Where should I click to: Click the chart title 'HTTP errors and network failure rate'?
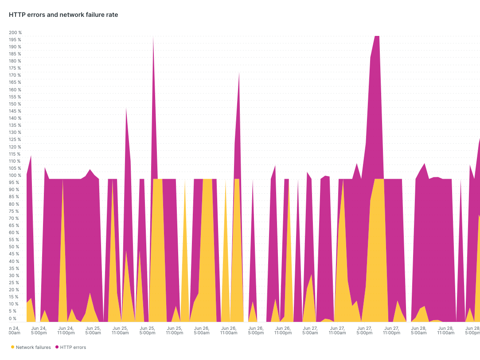(x=63, y=15)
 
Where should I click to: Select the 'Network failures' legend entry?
(x=33, y=347)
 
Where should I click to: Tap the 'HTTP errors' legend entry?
(x=73, y=347)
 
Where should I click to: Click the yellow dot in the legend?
(x=12, y=347)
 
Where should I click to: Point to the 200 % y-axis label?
(x=15, y=33)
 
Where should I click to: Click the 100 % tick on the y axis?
(x=15, y=176)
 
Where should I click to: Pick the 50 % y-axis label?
(x=15, y=247)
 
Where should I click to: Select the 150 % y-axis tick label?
(x=15, y=104)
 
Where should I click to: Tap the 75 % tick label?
(x=15, y=211)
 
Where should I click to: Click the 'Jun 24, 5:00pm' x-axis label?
(x=39, y=330)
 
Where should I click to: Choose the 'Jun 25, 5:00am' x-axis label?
(x=93, y=330)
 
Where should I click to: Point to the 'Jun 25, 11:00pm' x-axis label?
(x=174, y=330)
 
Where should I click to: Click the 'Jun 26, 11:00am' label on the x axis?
(x=228, y=330)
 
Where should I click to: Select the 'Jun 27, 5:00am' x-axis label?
(x=310, y=330)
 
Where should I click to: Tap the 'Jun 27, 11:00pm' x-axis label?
(x=391, y=330)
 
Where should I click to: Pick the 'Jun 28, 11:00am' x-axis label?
(x=445, y=330)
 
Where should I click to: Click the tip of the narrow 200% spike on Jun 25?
(x=153, y=37)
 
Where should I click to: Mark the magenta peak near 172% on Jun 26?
(x=239, y=73)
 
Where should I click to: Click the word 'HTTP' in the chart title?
(x=16, y=15)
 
